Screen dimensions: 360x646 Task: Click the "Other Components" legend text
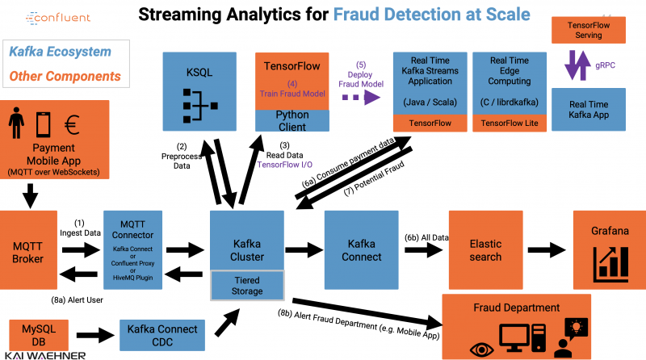pyautogui.click(x=65, y=77)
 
